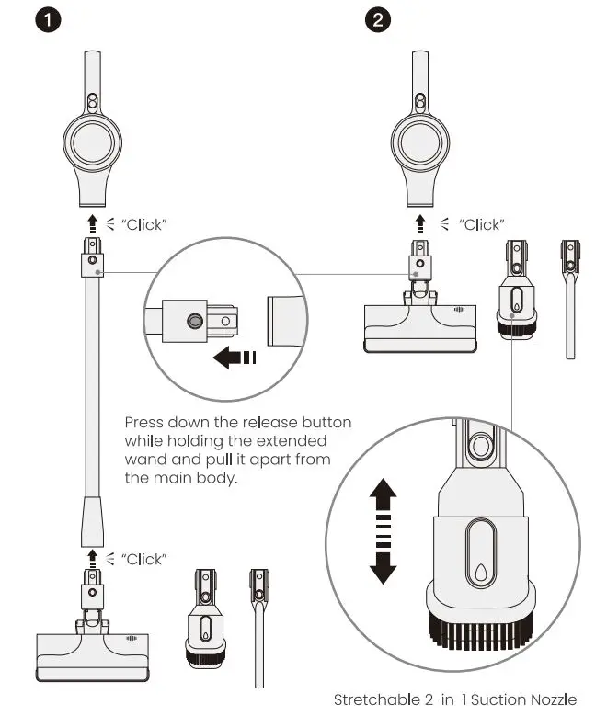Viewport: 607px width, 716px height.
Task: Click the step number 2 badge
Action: [377, 20]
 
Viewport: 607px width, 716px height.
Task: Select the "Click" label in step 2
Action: [481, 224]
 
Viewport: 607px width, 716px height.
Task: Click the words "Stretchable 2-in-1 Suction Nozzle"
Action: [455, 700]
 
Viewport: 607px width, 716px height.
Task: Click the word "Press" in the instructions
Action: [143, 423]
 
